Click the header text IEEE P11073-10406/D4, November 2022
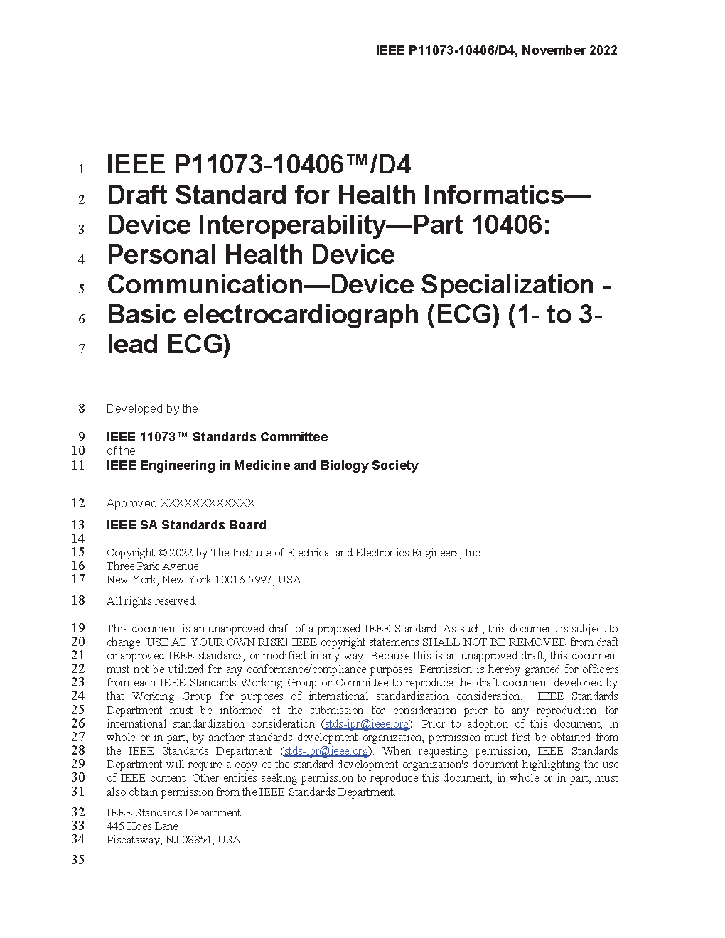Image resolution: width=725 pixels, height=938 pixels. click(496, 50)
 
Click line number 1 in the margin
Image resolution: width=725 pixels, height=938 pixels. click(82, 169)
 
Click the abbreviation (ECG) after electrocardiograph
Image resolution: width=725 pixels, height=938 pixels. click(463, 314)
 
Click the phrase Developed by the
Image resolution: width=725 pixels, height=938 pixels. click(152, 409)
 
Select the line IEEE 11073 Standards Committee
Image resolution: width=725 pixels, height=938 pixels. click(217, 437)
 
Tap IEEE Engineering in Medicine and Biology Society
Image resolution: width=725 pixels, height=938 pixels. click(262, 465)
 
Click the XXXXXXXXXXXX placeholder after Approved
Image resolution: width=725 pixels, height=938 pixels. click(208, 503)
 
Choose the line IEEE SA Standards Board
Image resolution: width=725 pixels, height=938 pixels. click(186, 525)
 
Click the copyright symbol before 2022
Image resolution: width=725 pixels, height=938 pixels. click(162, 553)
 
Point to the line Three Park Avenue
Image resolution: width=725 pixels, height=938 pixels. click(152, 566)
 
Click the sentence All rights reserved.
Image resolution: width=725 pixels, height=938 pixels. click(151, 601)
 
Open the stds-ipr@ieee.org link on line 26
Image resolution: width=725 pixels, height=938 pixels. click(367, 724)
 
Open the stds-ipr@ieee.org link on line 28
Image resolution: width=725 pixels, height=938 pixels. click(326, 751)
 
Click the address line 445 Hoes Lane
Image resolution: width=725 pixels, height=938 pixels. click(142, 826)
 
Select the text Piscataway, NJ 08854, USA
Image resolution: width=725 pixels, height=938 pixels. click(173, 840)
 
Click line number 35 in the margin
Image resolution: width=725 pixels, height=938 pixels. click(78, 860)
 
